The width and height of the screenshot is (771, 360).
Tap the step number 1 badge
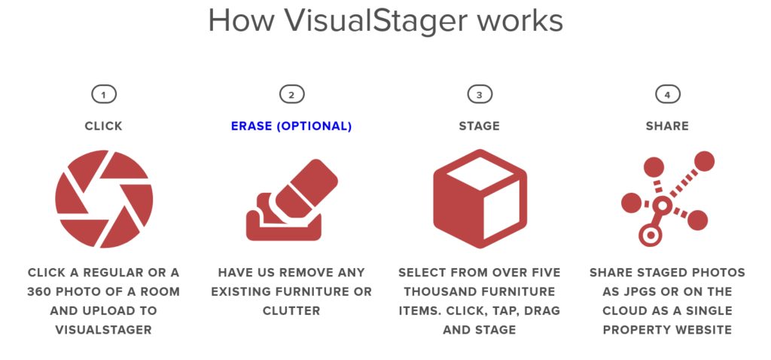104,94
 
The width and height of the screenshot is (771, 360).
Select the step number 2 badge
291,94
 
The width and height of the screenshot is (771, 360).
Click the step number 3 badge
480,94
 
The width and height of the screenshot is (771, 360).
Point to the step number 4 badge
667,94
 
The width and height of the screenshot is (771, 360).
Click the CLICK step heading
104,127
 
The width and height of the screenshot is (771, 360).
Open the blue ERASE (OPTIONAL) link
291,127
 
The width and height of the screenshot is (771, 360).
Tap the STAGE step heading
480,127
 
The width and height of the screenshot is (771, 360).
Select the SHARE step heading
667,127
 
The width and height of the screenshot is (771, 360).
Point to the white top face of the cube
479,174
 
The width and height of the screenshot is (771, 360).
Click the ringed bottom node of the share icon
650,235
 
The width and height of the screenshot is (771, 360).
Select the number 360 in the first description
41,291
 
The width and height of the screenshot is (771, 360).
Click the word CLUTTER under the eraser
291,311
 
